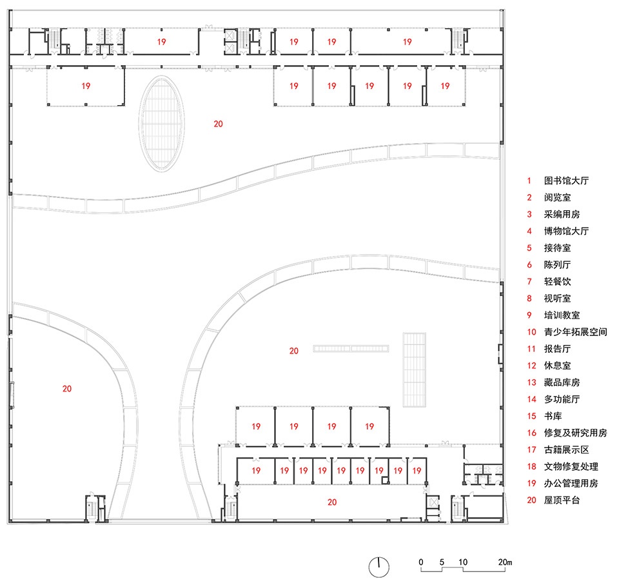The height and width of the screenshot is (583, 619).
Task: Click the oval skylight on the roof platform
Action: click(x=161, y=124)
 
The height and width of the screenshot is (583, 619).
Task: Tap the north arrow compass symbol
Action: click(x=379, y=568)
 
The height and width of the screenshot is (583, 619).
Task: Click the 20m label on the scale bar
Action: click(x=505, y=562)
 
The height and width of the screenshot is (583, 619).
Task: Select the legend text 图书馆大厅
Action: click(x=567, y=181)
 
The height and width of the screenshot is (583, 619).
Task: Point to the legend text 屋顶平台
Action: click(x=562, y=500)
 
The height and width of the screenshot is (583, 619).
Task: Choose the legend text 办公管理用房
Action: click(x=571, y=483)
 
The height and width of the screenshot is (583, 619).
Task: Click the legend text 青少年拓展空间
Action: click(x=575, y=332)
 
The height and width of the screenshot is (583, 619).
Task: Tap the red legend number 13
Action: click(x=531, y=382)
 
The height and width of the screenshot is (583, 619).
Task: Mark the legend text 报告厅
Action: click(x=557, y=349)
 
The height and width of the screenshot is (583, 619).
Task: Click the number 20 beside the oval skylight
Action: click(x=219, y=124)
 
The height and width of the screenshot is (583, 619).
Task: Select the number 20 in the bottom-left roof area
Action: click(x=67, y=389)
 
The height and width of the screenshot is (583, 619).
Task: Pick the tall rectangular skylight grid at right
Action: click(x=415, y=370)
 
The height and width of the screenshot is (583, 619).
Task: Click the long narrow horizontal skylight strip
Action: click(x=351, y=348)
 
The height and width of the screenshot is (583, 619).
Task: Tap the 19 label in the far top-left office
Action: click(x=86, y=86)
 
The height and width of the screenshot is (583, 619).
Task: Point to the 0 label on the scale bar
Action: click(x=421, y=562)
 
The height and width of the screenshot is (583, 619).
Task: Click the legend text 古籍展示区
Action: click(x=567, y=450)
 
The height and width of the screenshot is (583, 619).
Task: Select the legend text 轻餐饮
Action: click(x=557, y=281)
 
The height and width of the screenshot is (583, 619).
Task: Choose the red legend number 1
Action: click(x=529, y=181)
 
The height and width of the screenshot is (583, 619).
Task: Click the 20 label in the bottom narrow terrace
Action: click(x=332, y=502)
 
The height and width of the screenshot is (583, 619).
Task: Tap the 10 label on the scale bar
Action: click(x=463, y=562)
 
